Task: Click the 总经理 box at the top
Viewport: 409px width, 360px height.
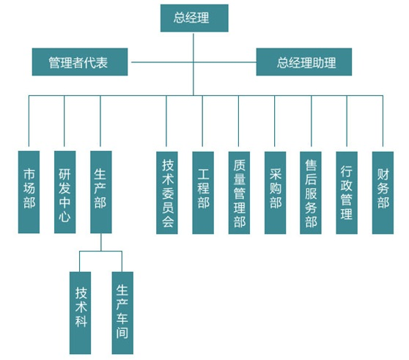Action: click(x=194, y=18)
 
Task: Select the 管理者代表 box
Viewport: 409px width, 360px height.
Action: click(x=80, y=62)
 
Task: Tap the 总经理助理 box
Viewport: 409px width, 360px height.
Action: click(x=304, y=62)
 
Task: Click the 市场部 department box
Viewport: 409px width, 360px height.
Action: click(x=29, y=192)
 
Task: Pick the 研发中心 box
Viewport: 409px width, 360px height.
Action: click(x=65, y=192)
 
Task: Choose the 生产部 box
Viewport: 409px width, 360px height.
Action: click(x=101, y=192)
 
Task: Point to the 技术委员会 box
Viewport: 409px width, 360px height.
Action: click(x=167, y=193)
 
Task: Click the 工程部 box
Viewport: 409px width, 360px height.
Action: click(x=203, y=193)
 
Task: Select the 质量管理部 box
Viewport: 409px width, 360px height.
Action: click(x=239, y=193)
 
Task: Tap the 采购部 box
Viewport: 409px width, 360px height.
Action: click(x=275, y=193)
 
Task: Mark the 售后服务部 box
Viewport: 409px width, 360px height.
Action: click(x=311, y=193)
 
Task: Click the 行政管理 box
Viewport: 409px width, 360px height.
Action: click(x=347, y=193)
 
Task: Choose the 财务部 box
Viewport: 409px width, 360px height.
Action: click(x=383, y=193)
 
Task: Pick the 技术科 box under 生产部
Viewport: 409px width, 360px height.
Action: click(x=81, y=313)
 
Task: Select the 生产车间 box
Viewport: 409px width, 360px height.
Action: click(x=122, y=313)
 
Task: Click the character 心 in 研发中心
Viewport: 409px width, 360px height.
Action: click(x=65, y=216)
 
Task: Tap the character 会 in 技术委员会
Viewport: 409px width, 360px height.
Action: click(x=167, y=222)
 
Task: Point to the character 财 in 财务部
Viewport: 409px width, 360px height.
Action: click(x=383, y=175)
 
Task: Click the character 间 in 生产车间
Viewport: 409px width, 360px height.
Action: click(x=122, y=333)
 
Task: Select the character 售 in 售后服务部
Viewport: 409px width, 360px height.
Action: click(x=311, y=165)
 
